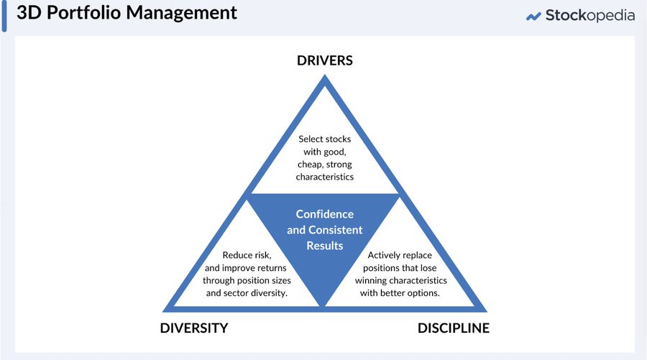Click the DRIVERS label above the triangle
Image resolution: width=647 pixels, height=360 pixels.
(325, 60)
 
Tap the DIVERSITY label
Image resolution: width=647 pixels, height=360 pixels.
(193, 328)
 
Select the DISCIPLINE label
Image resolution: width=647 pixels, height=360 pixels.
(453, 328)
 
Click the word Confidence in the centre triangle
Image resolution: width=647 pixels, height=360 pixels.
(325, 214)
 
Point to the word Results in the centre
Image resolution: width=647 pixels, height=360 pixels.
(325, 246)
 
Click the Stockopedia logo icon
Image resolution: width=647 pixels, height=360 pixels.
(533, 16)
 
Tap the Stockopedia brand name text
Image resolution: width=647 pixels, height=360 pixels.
(589, 15)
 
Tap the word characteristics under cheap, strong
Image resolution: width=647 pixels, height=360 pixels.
(324, 176)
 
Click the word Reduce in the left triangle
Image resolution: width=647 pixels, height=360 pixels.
(238, 254)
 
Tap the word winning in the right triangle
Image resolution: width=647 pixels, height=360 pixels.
(375, 280)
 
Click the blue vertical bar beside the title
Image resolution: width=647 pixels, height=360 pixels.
(4, 15)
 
